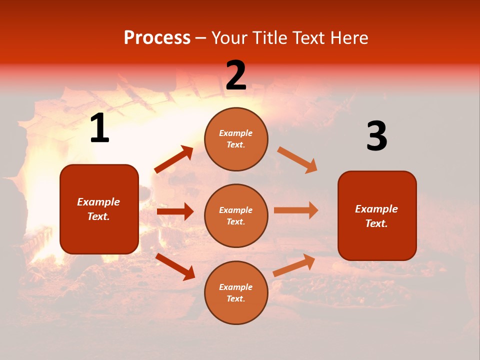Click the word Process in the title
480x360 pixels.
[157, 38]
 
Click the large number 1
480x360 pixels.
[99, 128]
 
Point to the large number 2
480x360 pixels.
[236, 75]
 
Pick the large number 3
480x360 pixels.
[376, 136]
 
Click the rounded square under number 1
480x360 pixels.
[99, 209]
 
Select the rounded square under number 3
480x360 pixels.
[377, 215]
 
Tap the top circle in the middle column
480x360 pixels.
[236, 139]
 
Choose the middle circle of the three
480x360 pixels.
[236, 215]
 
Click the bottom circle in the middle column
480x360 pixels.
[236, 292]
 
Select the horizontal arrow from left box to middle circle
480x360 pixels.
[175, 211]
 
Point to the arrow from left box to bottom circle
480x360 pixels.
[175, 266]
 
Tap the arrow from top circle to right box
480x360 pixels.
[297, 160]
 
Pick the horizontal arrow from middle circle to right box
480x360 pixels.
[296, 210]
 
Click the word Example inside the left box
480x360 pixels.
[98, 202]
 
